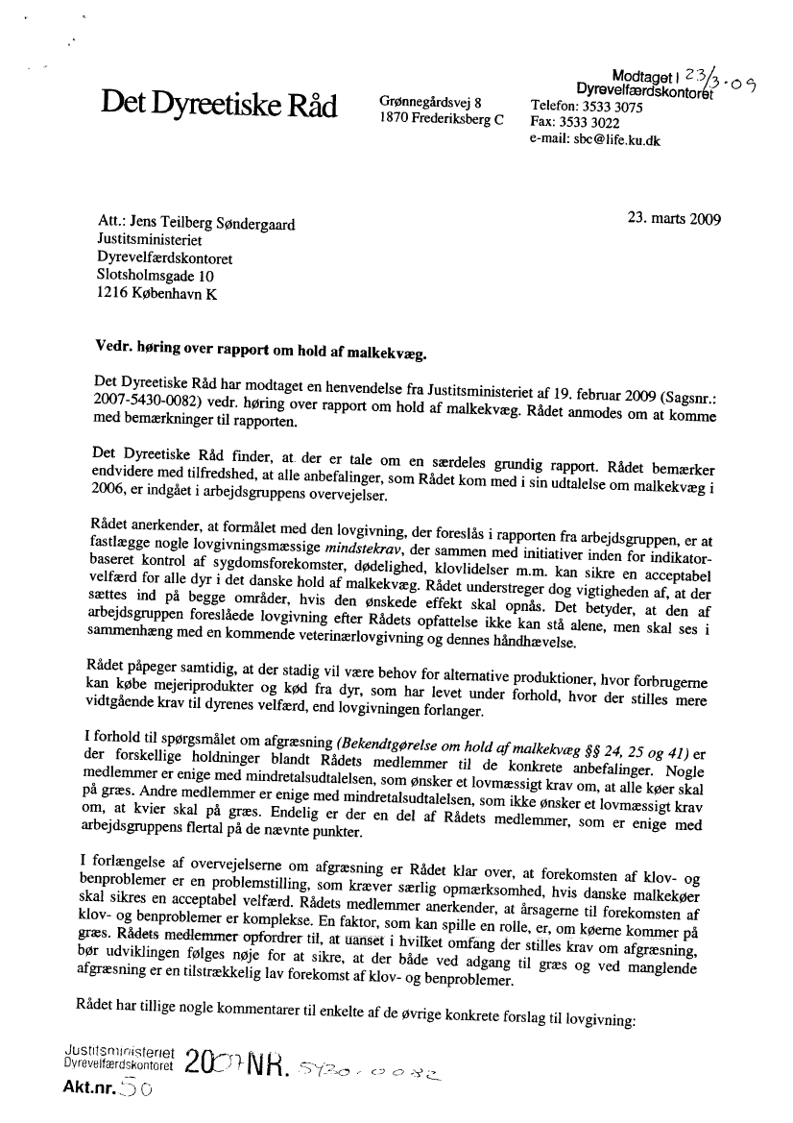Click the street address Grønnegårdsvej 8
point(431,102)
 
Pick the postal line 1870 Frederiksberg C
point(442,119)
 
